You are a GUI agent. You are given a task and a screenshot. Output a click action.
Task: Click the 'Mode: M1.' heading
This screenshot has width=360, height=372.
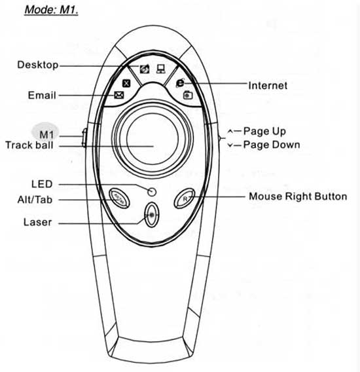tap(51, 10)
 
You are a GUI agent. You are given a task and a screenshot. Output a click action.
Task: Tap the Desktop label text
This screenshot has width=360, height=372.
tap(38, 65)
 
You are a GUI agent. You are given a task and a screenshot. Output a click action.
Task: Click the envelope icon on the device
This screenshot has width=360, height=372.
tap(119, 95)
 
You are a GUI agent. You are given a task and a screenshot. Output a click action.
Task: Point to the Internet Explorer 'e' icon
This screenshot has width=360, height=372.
tap(180, 83)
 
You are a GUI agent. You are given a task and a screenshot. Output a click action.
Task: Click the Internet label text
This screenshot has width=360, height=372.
tap(268, 86)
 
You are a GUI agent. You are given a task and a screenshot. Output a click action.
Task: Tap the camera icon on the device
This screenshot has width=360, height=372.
tap(188, 95)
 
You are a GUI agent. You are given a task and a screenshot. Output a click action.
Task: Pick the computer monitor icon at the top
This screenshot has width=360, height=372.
tap(161, 69)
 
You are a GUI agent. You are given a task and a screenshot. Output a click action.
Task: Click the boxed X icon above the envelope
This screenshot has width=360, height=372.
tap(126, 83)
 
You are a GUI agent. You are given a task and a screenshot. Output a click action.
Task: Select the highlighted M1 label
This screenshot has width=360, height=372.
tap(46, 135)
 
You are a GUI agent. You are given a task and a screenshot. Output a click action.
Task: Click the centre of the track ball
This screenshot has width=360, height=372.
tap(153, 139)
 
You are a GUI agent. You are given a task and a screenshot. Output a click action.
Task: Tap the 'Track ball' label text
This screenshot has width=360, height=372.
tap(29, 145)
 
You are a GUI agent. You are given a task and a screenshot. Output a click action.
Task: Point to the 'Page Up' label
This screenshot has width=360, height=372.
tap(264, 131)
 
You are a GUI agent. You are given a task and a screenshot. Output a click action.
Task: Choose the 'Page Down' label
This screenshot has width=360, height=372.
tap(272, 145)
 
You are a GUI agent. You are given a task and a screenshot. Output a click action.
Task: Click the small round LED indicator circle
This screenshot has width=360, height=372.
tap(152, 192)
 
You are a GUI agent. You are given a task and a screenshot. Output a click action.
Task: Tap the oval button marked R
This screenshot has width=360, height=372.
tap(185, 198)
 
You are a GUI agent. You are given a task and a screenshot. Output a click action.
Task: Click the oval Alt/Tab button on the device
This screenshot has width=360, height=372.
tap(119, 198)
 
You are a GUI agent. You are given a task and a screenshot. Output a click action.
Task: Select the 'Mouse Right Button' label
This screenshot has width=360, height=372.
tap(298, 196)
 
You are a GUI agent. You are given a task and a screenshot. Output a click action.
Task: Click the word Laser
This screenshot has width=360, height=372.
tap(37, 222)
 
